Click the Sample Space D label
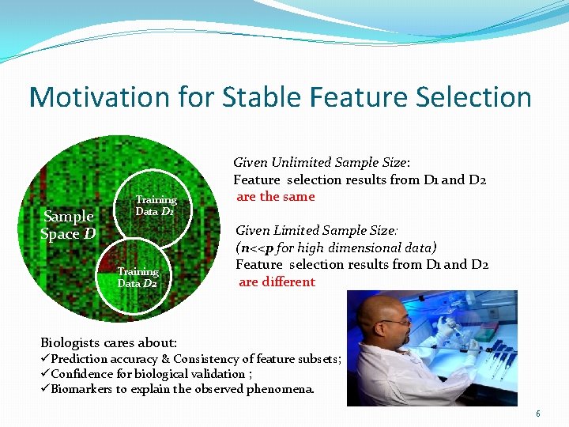tap(68, 225)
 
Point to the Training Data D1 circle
tap(156, 206)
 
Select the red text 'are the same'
tap(276, 197)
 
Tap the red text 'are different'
tap(276, 282)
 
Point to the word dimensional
tap(360, 248)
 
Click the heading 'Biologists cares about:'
tap(108, 342)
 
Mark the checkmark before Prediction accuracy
tap(45, 359)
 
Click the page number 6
tap(537, 414)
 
